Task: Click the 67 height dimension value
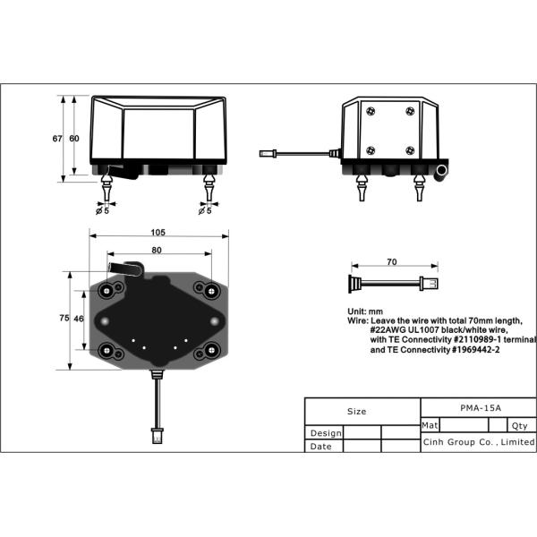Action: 57,138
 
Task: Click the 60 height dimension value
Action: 74,138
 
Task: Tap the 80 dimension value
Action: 157,250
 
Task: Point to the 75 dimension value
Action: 64,318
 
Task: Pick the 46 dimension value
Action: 79,318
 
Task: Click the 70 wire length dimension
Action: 392,263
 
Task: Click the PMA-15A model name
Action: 479,407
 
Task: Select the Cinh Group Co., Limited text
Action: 479,442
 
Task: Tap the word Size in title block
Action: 356,412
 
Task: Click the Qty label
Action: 519,426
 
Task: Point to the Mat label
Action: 429,426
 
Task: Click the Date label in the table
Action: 320,446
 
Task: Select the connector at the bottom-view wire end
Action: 158,438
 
